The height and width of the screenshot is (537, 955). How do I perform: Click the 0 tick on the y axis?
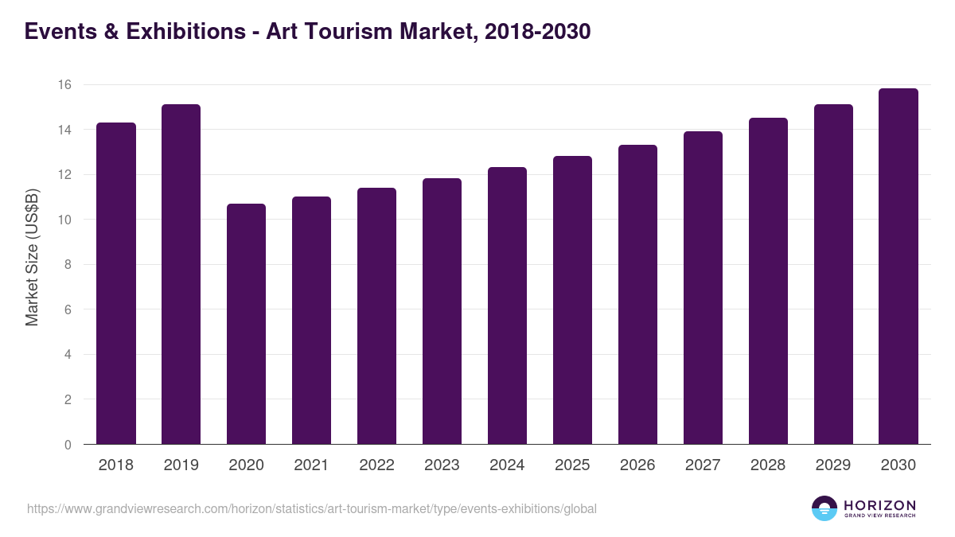point(67,445)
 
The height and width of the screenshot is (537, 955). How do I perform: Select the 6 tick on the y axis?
point(67,309)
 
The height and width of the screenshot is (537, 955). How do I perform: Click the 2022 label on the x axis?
point(376,465)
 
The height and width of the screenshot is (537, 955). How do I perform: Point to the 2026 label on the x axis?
point(637,465)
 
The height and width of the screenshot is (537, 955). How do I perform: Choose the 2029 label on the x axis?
point(833,465)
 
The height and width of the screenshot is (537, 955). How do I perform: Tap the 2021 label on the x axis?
point(311,465)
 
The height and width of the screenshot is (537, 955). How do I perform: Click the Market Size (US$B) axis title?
point(33,256)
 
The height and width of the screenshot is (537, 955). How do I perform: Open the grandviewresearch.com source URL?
point(311,508)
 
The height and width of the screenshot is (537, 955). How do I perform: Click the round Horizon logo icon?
point(824,508)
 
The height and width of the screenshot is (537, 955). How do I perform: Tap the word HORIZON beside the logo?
point(879,504)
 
